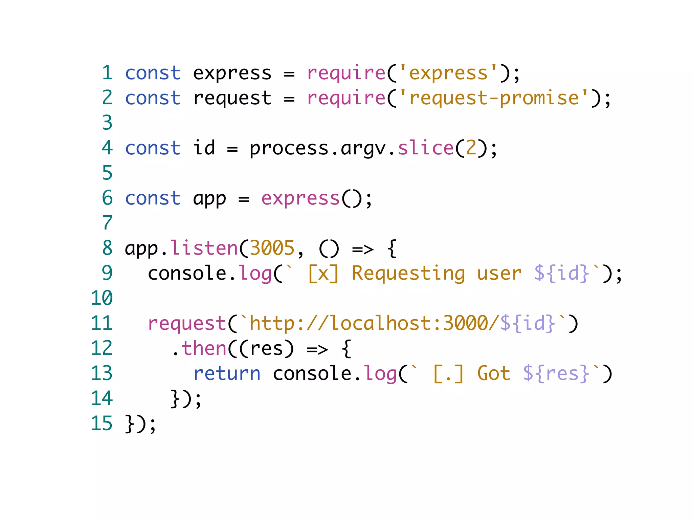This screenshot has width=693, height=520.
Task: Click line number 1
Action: [107, 73]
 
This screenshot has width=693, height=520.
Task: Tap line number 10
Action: [102, 298]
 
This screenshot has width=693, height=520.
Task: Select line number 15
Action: [102, 424]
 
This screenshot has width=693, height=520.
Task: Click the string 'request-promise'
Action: [494, 98]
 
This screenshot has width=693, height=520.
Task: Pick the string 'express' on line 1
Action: [448, 73]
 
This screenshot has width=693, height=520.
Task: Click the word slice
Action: [425, 148]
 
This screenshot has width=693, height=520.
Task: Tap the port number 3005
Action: [272, 248]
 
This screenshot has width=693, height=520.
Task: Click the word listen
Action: [204, 248]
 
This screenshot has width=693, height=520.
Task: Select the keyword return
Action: [227, 373]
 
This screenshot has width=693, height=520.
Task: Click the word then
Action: [204, 348]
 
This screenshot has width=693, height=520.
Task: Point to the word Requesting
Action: [408, 273]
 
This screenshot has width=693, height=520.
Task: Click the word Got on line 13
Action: [494, 373]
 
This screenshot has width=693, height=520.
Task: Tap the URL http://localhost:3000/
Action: [374, 323]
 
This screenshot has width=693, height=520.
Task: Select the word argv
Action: [363, 148]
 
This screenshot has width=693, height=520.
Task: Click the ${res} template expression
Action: [556, 373]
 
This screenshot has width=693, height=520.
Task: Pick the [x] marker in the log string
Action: [323, 273]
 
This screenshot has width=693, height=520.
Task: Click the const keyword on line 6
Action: [153, 198]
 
